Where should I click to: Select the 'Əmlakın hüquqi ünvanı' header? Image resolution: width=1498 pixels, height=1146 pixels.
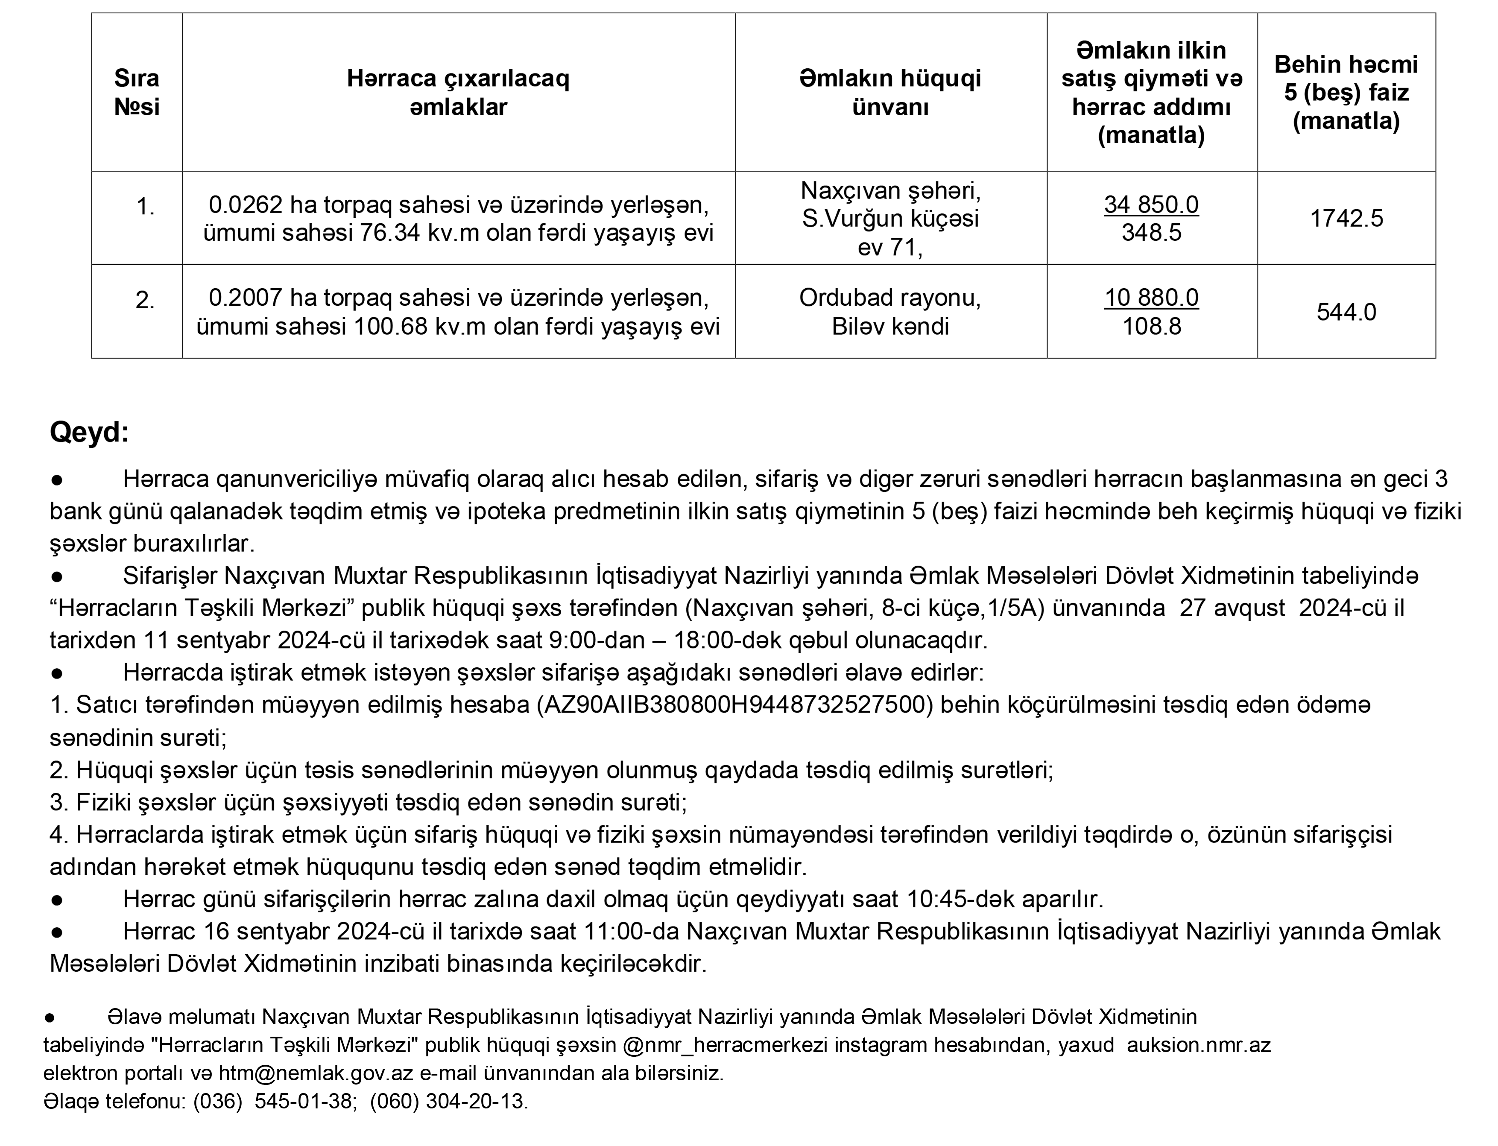tap(890, 92)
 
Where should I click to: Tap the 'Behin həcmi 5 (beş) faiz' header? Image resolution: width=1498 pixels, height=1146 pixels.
tap(1346, 92)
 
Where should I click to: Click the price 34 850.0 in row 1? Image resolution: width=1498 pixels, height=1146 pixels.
tap(1151, 205)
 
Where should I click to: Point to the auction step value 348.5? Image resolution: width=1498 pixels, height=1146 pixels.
tap(1151, 233)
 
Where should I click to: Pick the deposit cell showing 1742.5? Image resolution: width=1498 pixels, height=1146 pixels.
tap(1346, 218)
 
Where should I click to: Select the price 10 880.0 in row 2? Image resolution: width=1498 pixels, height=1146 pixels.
tap(1151, 298)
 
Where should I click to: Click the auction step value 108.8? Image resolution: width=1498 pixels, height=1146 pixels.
tap(1151, 326)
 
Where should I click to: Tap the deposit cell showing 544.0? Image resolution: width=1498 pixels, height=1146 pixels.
tap(1346, 312)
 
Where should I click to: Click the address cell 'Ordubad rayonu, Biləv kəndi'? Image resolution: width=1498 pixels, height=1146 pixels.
tap(890, 312)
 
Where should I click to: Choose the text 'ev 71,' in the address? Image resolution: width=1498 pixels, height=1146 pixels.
tap(890, 247)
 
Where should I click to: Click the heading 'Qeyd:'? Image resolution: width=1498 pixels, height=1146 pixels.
tap(89, 433)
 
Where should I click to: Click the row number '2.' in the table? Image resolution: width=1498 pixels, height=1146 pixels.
tap(145, 300)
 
